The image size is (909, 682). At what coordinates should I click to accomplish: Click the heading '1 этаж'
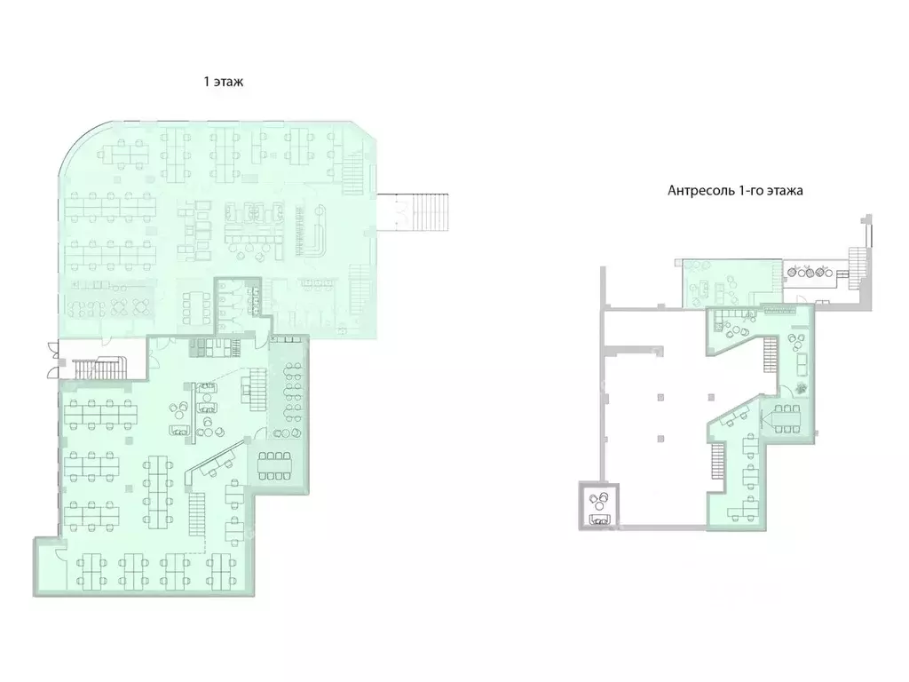(224, 82)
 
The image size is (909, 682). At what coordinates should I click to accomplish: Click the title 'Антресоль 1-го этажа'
(735, 190)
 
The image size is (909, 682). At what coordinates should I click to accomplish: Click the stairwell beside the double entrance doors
(99, 368)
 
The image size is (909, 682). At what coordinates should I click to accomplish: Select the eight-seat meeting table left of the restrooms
(194, 306)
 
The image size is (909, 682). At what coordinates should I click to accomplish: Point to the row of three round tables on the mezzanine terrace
(810, 272)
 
